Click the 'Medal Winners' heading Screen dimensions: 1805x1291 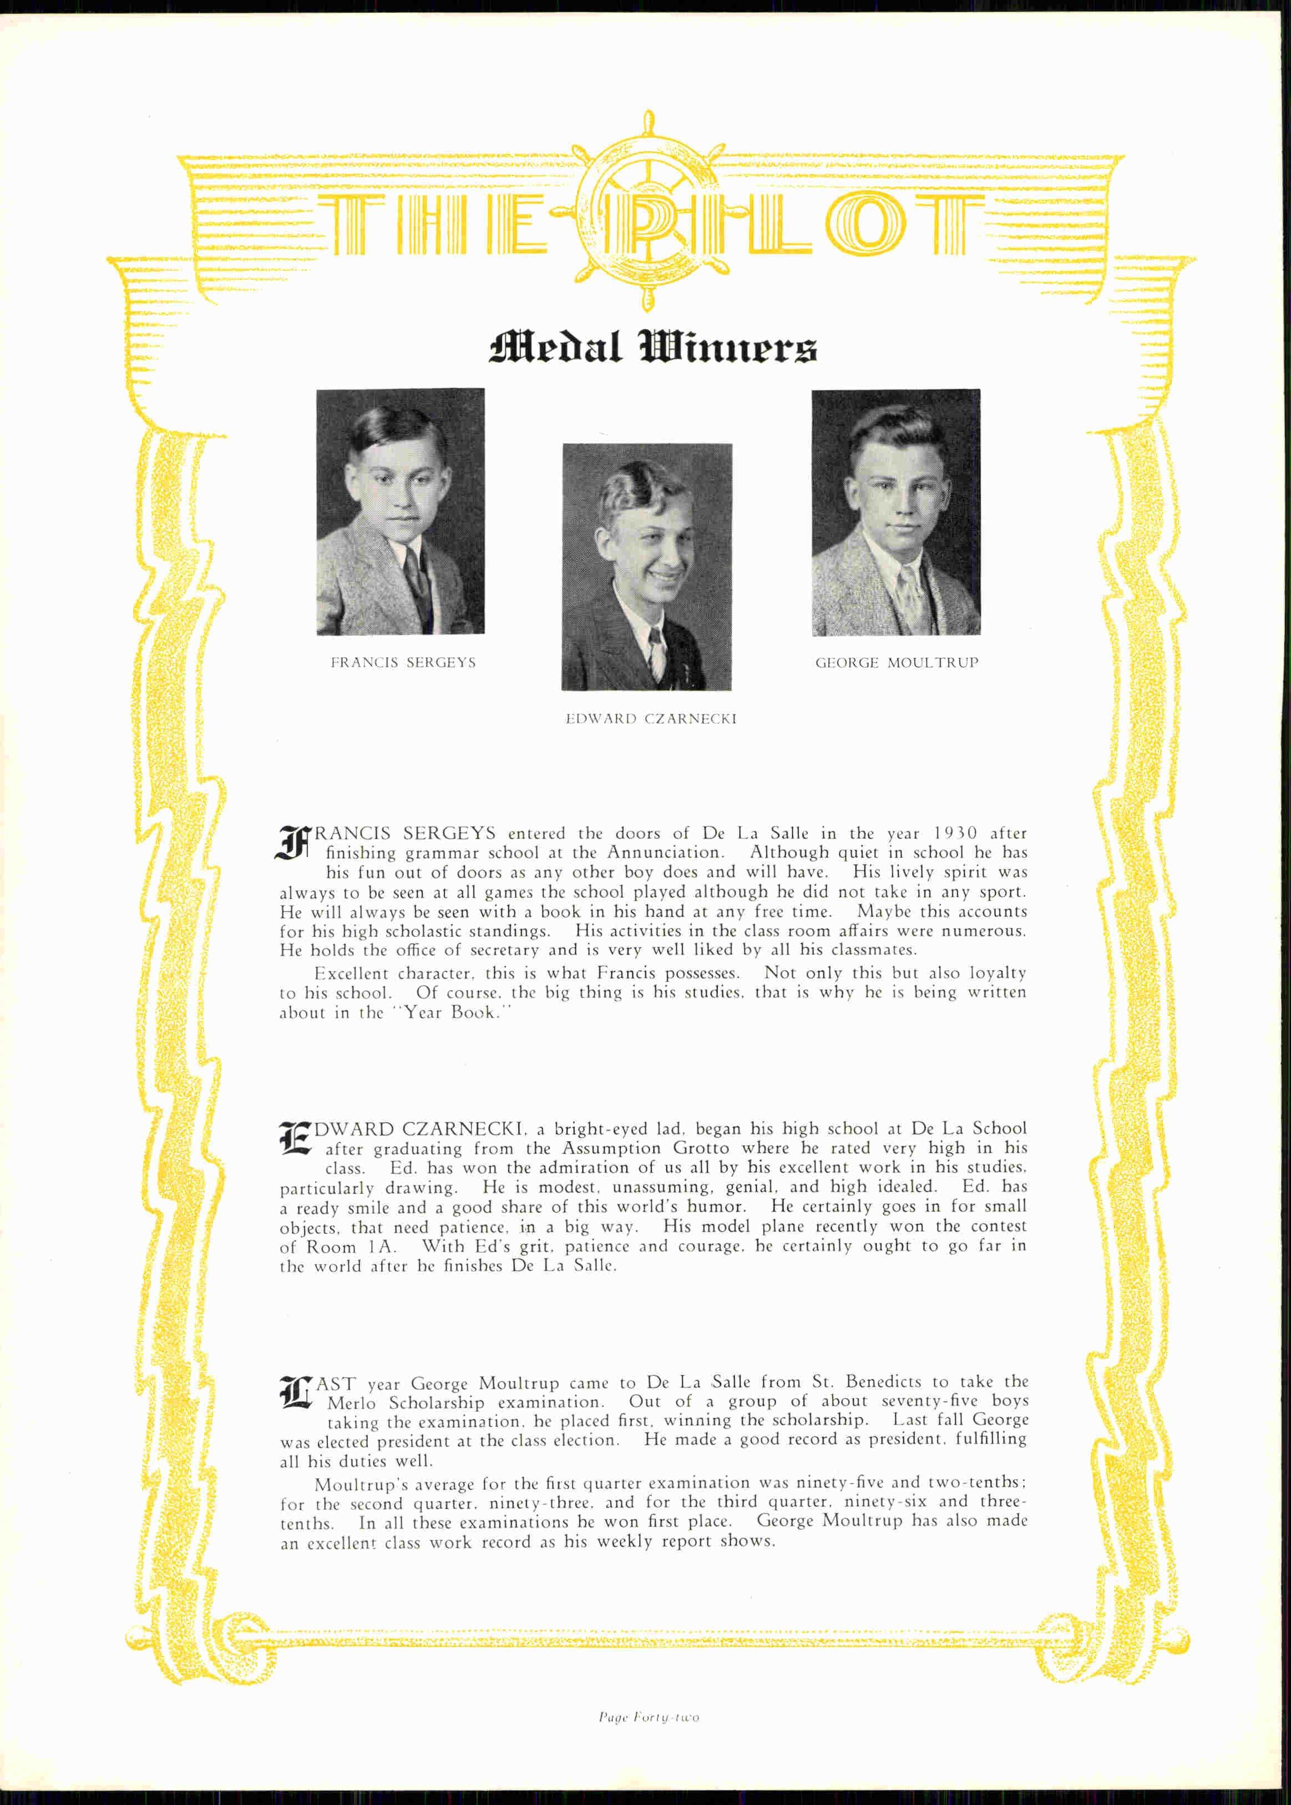click(652, 347)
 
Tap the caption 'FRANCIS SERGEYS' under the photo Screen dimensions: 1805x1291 click(403, 662)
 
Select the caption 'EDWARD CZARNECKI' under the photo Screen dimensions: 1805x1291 click(650, 719)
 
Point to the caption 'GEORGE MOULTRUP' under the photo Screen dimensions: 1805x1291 click(897, 662)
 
